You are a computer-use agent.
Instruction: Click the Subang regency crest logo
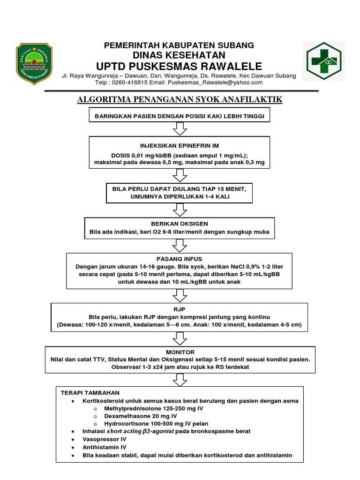pos(34,61)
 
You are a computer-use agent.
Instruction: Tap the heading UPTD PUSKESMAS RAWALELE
pos(179,65)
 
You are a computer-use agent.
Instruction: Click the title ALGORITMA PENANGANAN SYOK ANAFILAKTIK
pos(180,100)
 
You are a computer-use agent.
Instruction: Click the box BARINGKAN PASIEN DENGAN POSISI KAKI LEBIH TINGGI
pos(180,115)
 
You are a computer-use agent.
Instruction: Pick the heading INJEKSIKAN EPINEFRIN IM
pos(180,146)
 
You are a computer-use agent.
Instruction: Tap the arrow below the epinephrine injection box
pos(180,175)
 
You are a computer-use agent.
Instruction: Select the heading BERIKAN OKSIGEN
pos(180,224)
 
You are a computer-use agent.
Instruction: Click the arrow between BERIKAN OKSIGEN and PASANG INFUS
pos(180,245)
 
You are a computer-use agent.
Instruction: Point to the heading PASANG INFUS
pos(180,258)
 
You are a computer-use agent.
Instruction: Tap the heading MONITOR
pos(180,352)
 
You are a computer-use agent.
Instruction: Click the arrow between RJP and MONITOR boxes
pos(180,337)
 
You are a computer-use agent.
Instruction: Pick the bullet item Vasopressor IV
pos(105,439)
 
